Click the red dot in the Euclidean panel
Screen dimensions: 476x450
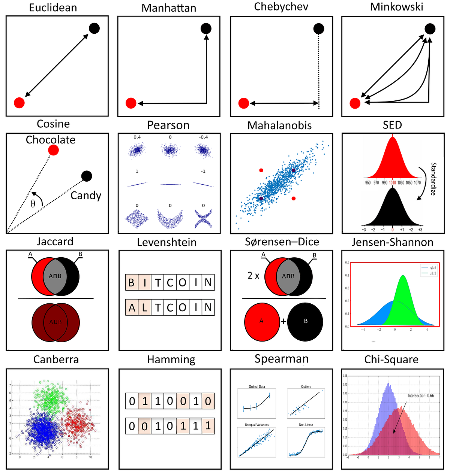(19, 103)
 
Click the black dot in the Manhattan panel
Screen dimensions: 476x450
(206, 28)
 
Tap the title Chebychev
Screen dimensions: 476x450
(281, 7)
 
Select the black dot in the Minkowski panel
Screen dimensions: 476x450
(430, 28)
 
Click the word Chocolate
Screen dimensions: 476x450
(51, 140)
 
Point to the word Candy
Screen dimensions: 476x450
(86, 195)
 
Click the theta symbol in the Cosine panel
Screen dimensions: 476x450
(33, 204)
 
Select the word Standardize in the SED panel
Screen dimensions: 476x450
(433, 179)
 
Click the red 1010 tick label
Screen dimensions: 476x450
(392, 183)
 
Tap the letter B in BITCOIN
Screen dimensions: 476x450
(131, 283)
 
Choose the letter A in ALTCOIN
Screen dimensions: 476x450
(132, 308)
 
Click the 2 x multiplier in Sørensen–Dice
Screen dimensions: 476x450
(253, 276)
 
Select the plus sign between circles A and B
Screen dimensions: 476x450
(283, 321)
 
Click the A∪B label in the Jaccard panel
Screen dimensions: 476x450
(55, 322)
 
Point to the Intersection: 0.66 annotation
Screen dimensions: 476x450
(421, 395)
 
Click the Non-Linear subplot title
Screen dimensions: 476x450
(306, 425)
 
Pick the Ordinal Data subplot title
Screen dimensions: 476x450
(257, 386)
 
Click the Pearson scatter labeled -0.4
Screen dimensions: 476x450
(204, 150)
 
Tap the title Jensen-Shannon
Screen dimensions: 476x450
(392, 243)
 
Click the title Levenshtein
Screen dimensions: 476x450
(167, 243)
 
